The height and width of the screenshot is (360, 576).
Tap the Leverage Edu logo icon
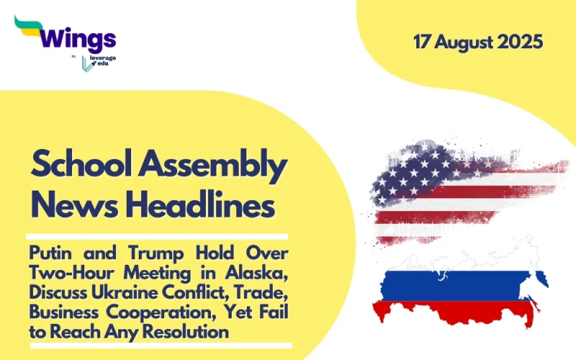(x=87, y=63)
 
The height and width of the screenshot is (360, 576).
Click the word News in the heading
(x=70, y=207)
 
